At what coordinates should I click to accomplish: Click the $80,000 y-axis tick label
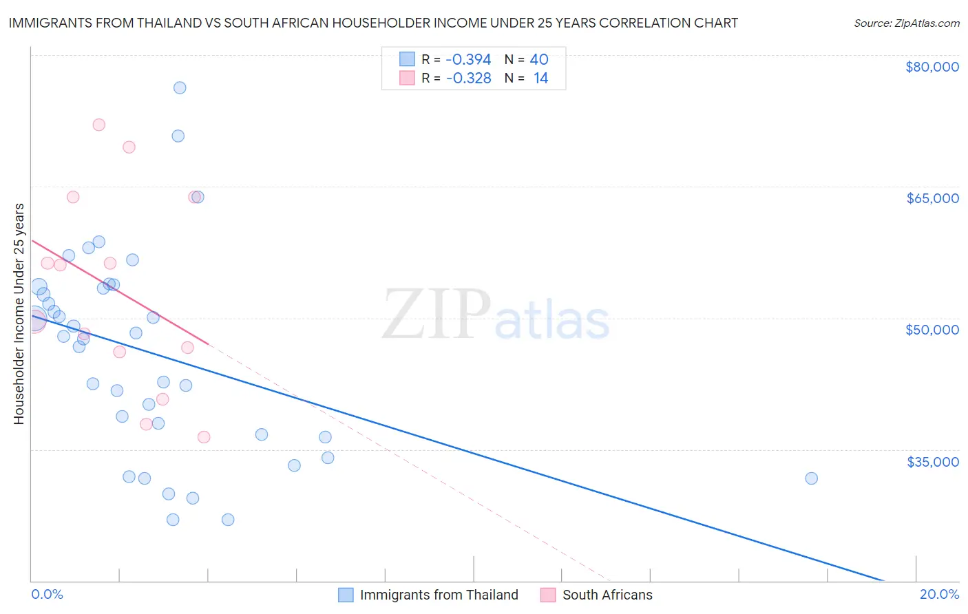(932, 67)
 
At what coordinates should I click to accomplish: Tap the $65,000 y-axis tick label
(932, 198)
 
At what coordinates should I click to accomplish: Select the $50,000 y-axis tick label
(932, 330)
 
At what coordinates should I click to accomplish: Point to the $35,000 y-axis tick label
(932, 461)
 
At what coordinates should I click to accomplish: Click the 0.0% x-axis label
(47, 595)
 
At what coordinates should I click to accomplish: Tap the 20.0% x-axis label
(939, 595)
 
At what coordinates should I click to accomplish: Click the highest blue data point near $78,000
(180, 87)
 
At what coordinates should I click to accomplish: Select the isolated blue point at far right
(811, 478)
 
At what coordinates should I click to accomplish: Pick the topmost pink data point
(98, 125)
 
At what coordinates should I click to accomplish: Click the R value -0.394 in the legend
(468, 60)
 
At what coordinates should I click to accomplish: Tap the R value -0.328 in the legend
(468, 78)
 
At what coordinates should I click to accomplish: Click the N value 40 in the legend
(539, 60)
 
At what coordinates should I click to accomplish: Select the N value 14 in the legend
(540, 78)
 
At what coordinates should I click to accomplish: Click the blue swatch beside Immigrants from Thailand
(346, 595)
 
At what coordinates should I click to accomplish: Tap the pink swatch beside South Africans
(548, 595)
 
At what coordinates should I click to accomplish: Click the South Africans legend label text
(607, 595)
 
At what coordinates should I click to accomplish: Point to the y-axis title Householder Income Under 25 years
(19, 313)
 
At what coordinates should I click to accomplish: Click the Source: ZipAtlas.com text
(906, 23)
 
